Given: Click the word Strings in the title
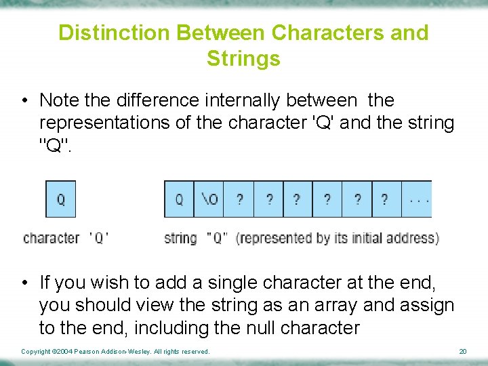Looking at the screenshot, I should (243, 59).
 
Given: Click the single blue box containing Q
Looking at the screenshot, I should (60, 199).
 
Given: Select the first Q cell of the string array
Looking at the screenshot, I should (179, 199).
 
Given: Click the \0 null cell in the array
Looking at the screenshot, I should (209, 199).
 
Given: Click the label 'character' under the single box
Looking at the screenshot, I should (52, 239).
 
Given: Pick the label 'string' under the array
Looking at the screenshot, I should (180, 239).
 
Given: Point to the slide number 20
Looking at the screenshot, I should (463, 352).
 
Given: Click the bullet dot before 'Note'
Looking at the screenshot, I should (23, 101).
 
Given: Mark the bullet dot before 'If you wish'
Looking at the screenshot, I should (23, 283).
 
